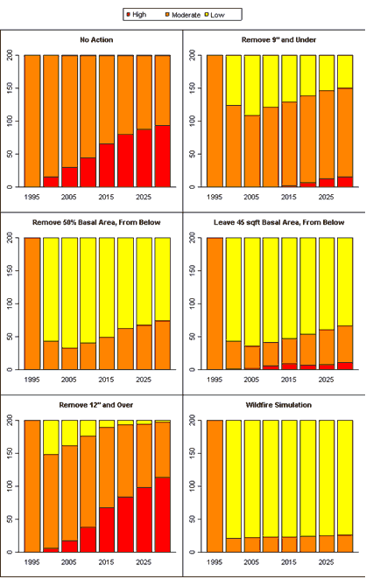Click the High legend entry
tap(136, 15)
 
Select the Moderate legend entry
tap(183, 15)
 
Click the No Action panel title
tap(96, 40)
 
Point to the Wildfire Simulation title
tap(278, 405)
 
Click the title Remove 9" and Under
tap(278, 40)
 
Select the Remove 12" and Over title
tap(96, 405)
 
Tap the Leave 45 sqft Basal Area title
tap(278, 222)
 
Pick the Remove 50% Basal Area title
tap(96, 222)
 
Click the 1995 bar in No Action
tap(32, 121)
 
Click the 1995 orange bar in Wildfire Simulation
tap(215, 486)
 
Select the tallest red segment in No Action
tap(163, 157)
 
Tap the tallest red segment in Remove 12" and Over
tap(163, 515)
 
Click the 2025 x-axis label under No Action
tap(144, 197)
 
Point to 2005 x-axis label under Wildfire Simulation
tap(251, 562)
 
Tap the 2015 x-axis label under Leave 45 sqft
tap(289, 380)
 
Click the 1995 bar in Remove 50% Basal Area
tap(32, 303)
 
